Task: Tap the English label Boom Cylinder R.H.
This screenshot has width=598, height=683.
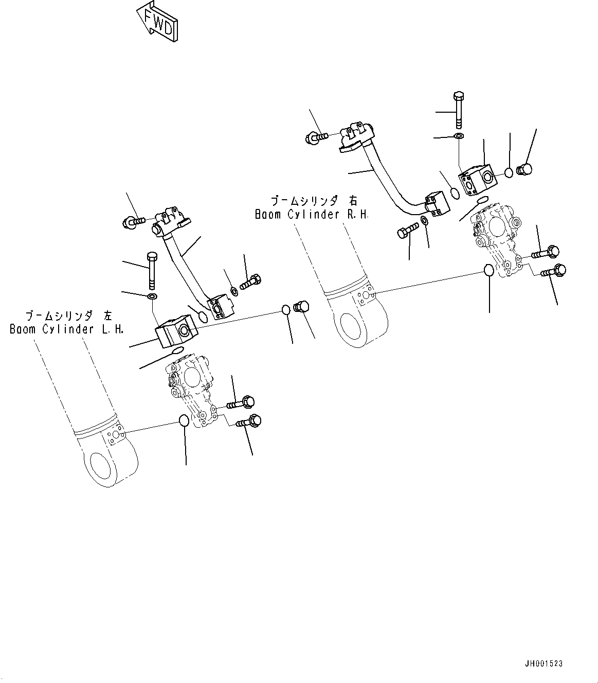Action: point(312,215)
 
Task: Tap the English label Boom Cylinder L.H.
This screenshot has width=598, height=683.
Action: point(67,329)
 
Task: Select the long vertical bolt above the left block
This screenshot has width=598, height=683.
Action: point(152,270)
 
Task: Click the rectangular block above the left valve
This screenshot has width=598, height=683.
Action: point(172,332)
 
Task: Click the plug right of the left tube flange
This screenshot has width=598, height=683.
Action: point(300,307)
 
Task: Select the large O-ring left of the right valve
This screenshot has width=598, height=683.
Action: point(489,270)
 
